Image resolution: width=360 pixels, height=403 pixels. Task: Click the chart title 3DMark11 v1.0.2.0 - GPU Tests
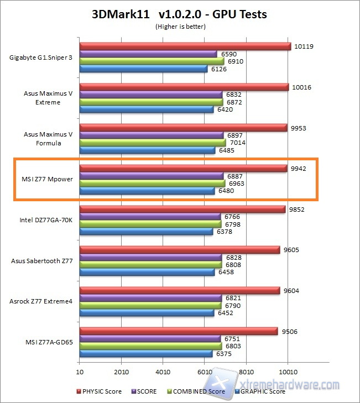179,14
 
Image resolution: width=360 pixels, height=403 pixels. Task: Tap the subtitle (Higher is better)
179,26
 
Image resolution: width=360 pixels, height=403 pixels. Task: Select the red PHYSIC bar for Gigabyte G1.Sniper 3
185,46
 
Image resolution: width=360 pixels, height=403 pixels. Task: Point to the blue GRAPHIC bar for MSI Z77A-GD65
146,354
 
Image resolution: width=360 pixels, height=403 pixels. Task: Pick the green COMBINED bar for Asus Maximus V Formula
153,143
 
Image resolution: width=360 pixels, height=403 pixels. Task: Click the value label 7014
237,143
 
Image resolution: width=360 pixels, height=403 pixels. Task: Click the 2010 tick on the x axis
122,371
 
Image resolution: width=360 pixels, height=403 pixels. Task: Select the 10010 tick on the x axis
288,371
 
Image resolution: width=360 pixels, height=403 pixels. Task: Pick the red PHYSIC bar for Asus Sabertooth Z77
180,250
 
